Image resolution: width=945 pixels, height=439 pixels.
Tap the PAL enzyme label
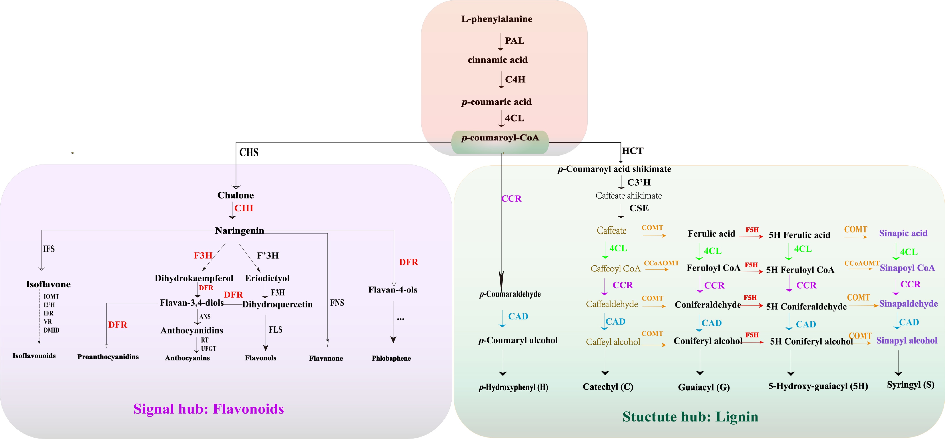pos(515,41)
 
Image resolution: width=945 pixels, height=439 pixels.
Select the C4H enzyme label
pos(515,79)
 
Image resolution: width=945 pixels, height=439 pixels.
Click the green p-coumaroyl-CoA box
pos(500,142)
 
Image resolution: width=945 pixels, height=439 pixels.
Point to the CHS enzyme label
pos(249,152)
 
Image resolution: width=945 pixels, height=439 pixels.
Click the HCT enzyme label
pos(633,151)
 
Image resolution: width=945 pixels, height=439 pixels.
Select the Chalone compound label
pos(236,195)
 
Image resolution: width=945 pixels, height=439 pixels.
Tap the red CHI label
pos(244,208)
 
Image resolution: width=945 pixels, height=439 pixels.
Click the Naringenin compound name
pos(240,231)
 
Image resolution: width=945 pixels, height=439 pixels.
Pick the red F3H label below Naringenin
pos(203,255)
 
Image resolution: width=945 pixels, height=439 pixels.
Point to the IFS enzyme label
pos(49,249)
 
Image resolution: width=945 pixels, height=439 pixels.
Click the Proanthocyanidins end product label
pos(108,357)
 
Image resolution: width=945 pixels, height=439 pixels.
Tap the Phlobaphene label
pos(391,358)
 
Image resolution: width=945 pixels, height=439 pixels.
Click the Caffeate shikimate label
pos(629,195)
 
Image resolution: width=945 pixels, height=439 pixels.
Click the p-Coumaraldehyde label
pos(510,294)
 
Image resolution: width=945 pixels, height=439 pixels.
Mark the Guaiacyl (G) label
pos(704,387)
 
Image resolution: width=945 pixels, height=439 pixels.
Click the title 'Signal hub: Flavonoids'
pos(209,409)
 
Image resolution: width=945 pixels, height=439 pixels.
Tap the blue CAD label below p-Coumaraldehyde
pos(518,316)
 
